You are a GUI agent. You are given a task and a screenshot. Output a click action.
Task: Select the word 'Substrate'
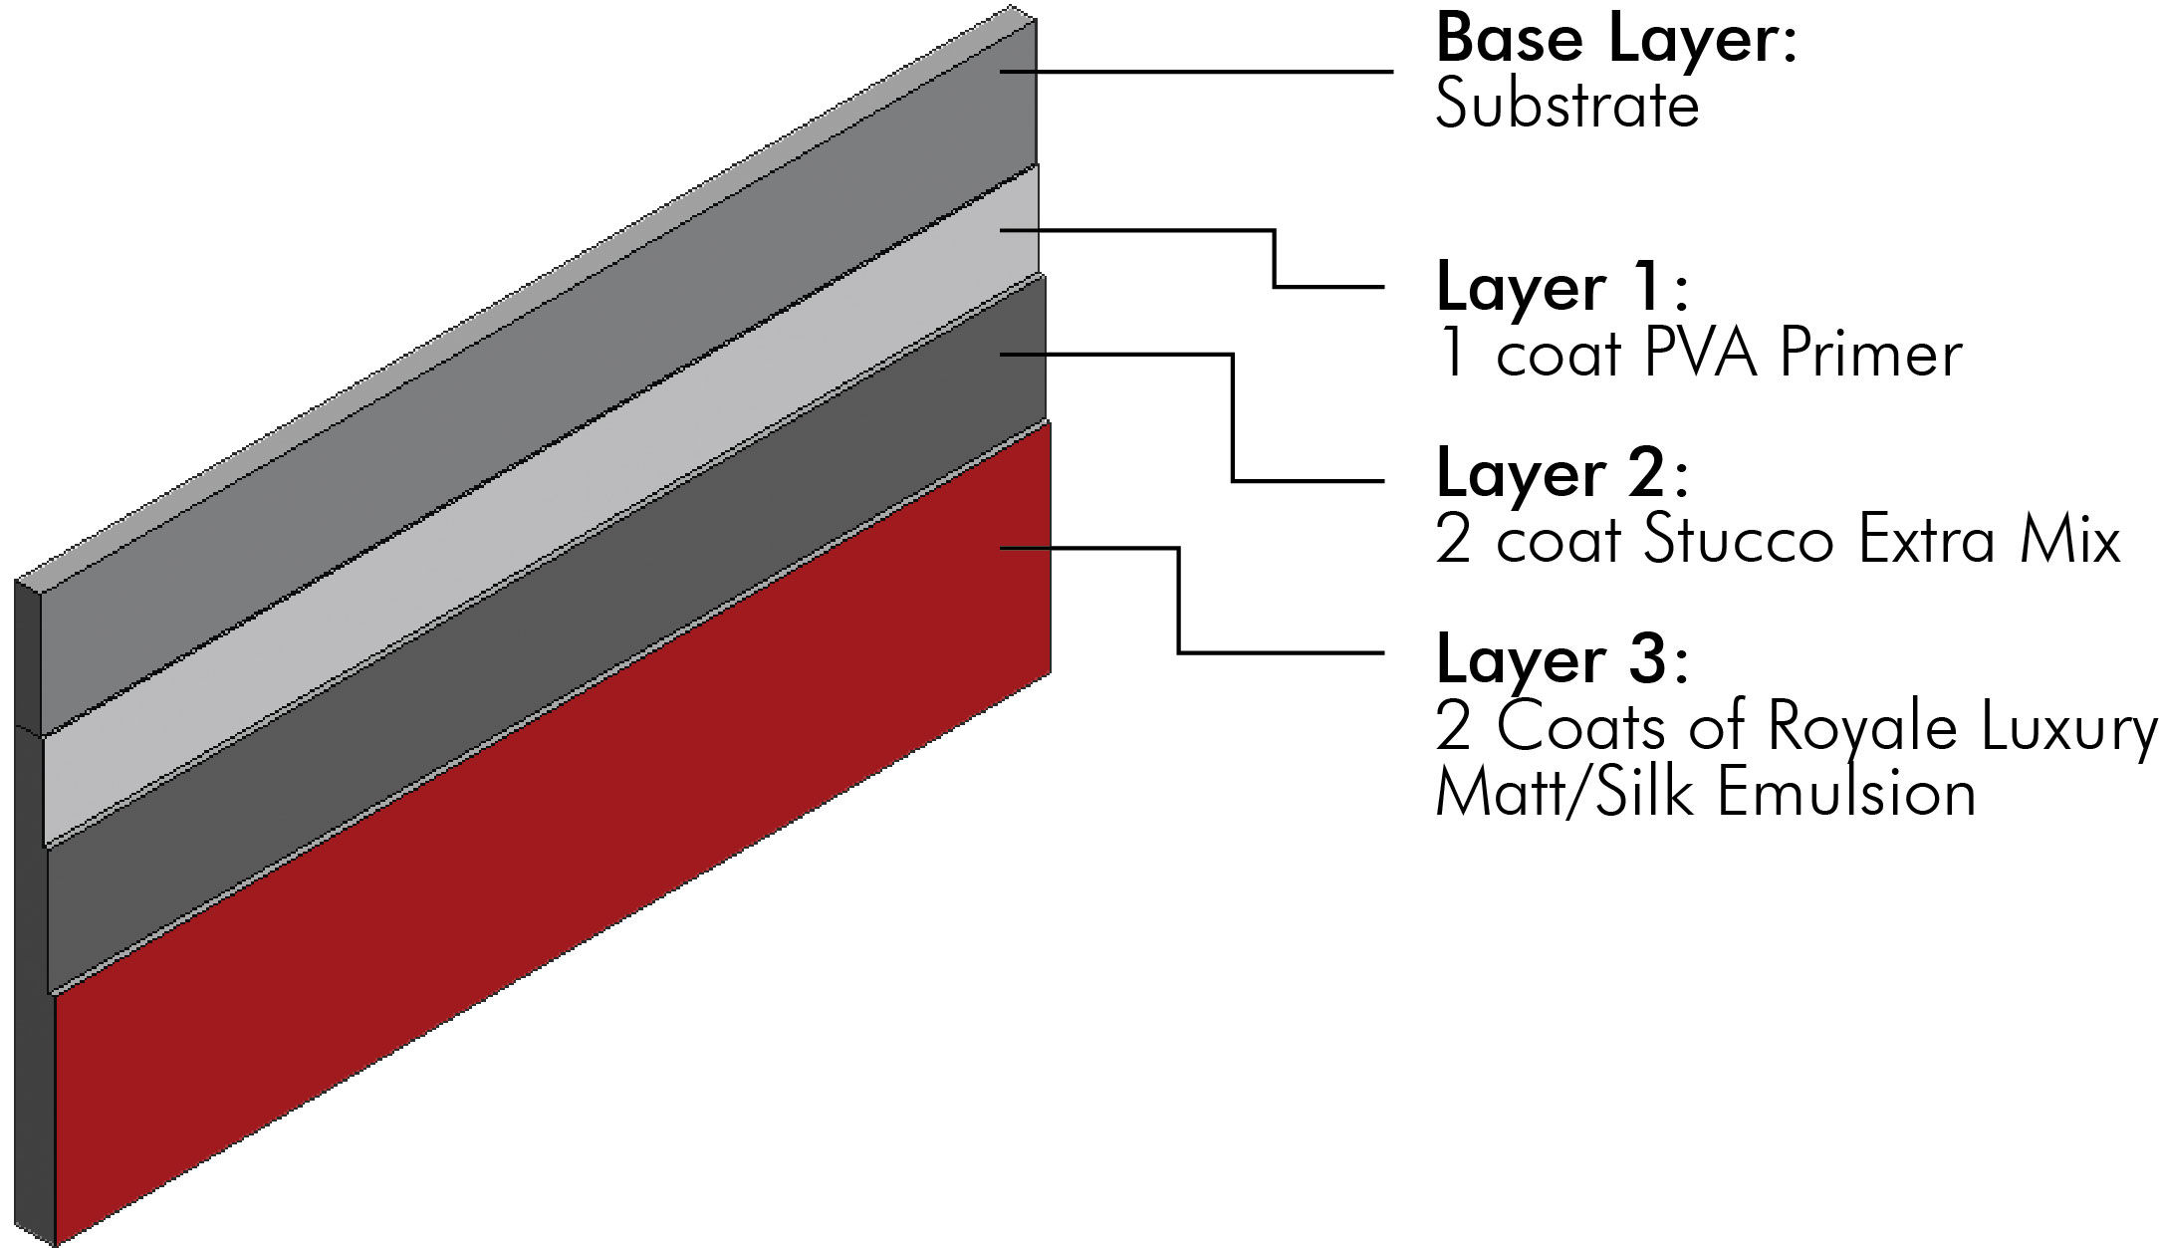1565,106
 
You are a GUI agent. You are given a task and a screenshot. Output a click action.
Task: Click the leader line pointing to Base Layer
1195,71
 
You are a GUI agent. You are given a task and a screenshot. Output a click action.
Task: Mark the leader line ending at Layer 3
1280,652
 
